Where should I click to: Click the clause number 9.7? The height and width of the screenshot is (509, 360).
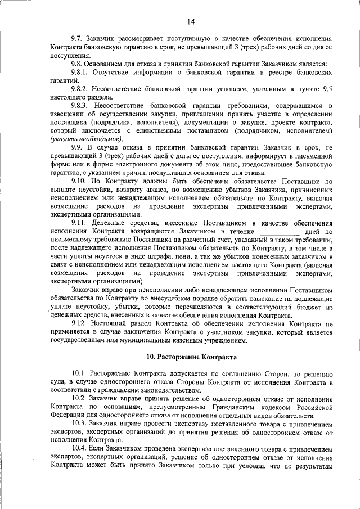coord(78,38)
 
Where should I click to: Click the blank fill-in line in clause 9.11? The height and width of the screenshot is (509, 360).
coord(279,232)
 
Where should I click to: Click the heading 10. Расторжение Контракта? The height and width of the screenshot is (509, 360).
coord(191,358)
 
